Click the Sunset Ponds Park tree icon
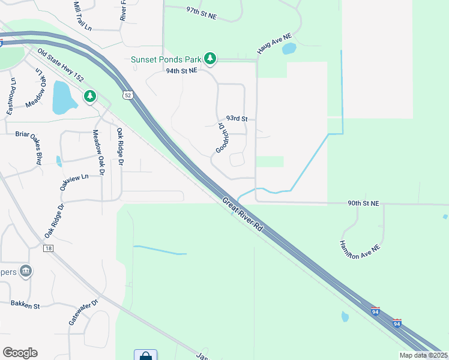209,58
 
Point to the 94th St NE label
181,71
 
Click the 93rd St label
237,119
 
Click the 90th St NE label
363,203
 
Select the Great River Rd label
243,215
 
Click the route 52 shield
127,95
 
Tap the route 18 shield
49,248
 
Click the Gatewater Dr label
82,313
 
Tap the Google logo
20,353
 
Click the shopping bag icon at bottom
145,355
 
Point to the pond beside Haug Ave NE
289,49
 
